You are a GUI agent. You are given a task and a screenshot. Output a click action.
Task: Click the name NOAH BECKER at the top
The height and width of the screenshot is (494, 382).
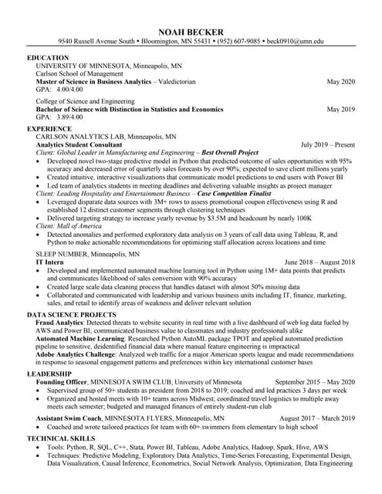pos(191,30)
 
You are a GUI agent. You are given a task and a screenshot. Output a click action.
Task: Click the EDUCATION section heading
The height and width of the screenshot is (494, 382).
pos(49,59)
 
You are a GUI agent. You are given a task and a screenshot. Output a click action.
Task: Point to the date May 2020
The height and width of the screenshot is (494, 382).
pos(340,81)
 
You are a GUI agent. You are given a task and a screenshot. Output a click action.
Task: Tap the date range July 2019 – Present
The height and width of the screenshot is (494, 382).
pos(327,144)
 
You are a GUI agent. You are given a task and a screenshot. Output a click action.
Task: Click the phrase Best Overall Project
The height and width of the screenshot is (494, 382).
pos(229,153)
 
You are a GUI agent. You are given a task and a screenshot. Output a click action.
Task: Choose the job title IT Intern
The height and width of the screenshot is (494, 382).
pos(50,262)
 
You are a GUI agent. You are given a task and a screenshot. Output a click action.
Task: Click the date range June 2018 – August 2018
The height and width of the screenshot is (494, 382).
pos(319,262)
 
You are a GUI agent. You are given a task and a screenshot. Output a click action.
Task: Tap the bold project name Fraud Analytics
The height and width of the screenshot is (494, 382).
pos(61,323)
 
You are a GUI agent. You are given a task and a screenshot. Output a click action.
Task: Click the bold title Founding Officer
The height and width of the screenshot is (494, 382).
pos(63,382)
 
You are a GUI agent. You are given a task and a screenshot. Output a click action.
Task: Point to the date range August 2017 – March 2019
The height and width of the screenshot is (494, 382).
pos(316,418)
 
